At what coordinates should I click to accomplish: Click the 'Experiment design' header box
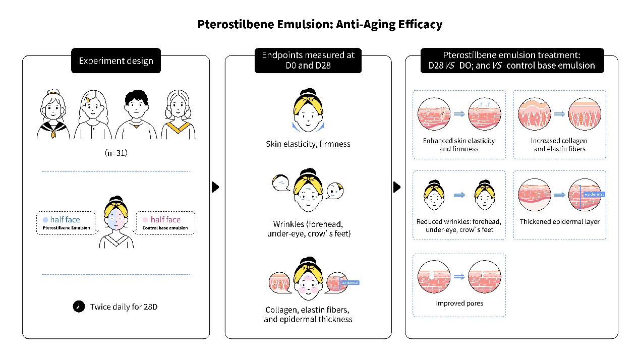point(116,61)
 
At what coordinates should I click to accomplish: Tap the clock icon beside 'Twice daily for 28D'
point(79,306)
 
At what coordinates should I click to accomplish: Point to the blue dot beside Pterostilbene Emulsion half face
point(45,220)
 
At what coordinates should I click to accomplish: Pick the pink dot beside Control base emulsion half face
point(145,220)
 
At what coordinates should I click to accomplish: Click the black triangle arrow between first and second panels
point(215,187)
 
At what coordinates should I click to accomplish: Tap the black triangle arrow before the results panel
point(397,187)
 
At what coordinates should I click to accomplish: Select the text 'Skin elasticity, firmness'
point(308,144)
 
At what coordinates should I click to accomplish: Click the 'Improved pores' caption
point(459,304)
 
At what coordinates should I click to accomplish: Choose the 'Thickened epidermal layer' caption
point(560,221)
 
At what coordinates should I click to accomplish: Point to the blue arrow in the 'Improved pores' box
point(459,276)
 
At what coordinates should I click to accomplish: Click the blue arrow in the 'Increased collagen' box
point(560,114)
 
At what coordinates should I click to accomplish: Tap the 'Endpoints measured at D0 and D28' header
point(308,60)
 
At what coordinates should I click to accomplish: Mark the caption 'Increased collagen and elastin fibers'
point(560,145)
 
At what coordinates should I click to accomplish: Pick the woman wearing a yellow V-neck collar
point(179,114)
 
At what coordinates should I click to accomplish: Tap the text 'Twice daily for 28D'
point(124,307)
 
